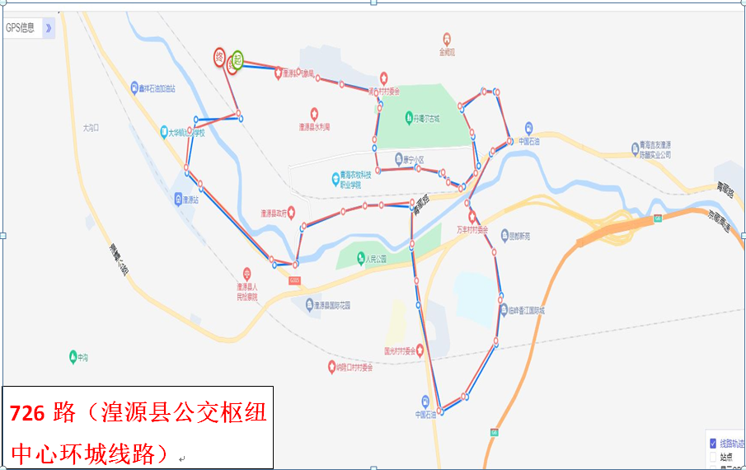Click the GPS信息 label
[21, 27]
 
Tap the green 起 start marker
[237, 59]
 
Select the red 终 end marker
[220, 57]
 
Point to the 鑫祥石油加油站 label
[158, 88]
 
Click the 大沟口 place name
[91, 128]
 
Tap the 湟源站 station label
[188, 200]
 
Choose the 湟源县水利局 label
[314, 127]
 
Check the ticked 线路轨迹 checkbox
[713, 443]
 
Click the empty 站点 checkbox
[713, 456]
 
